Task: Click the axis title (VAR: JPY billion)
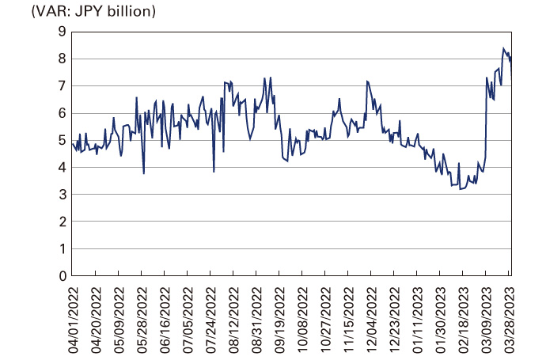point(82,12)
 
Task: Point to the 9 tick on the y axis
point(61,32)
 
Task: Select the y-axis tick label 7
point(61,86)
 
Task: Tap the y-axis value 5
point(61,140)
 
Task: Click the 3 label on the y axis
point(61,195)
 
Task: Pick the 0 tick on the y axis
point(61,276)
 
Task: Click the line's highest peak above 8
point(504,48)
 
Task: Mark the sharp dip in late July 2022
point(214,171)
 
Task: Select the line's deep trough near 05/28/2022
point(143,173)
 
